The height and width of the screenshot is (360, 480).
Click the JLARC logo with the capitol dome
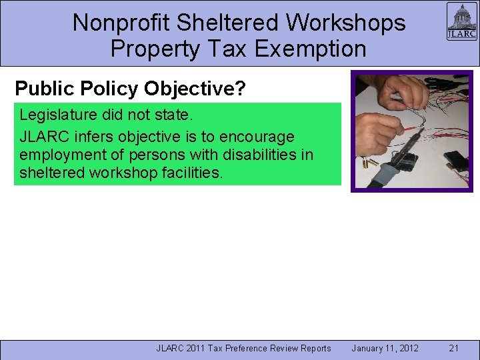pyautogui.click(x=461, y=22)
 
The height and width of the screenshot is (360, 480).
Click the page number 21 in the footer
pyautogui.click(x=454, y=348)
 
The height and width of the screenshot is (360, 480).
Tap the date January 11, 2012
pyautogui.click(x=385, y=348)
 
